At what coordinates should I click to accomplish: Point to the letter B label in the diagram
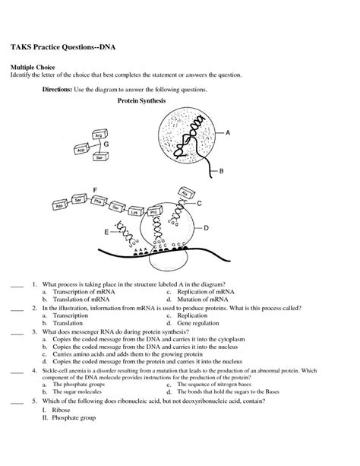pyautogui.click(x=221, y=172)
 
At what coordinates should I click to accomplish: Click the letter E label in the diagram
pyautogui.click(x=106, y=230)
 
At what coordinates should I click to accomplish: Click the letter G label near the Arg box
pyautogui.click(x=106, y=143)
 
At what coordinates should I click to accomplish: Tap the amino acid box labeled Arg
pyautogui.click(x=98, y=135)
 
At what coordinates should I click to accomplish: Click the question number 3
pyautogui.click(x=35, y=332)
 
